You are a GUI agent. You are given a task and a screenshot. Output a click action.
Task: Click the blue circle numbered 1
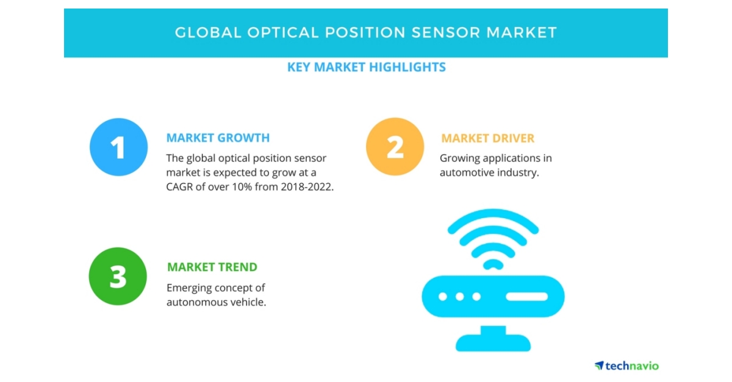coord(118,147)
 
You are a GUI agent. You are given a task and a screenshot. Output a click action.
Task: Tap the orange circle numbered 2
coord(395,147)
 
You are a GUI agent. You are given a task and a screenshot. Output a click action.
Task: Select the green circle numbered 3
coord(118,277)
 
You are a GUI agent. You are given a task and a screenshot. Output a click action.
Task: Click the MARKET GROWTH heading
coord(218,138)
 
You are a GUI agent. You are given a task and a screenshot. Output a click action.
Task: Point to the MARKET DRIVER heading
coord(487,138)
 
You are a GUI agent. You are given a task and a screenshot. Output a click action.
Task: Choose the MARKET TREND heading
coord(212,267)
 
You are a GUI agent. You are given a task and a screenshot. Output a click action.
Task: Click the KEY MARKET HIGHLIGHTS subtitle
coord(366,67)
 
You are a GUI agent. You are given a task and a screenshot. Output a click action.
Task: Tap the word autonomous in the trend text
coord(198,302)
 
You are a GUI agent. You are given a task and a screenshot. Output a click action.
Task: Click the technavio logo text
coord(632,366)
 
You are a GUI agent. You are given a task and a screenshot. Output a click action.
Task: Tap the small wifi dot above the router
coord(492,264)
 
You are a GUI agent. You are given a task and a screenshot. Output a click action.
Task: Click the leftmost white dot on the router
coord(444,297)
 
